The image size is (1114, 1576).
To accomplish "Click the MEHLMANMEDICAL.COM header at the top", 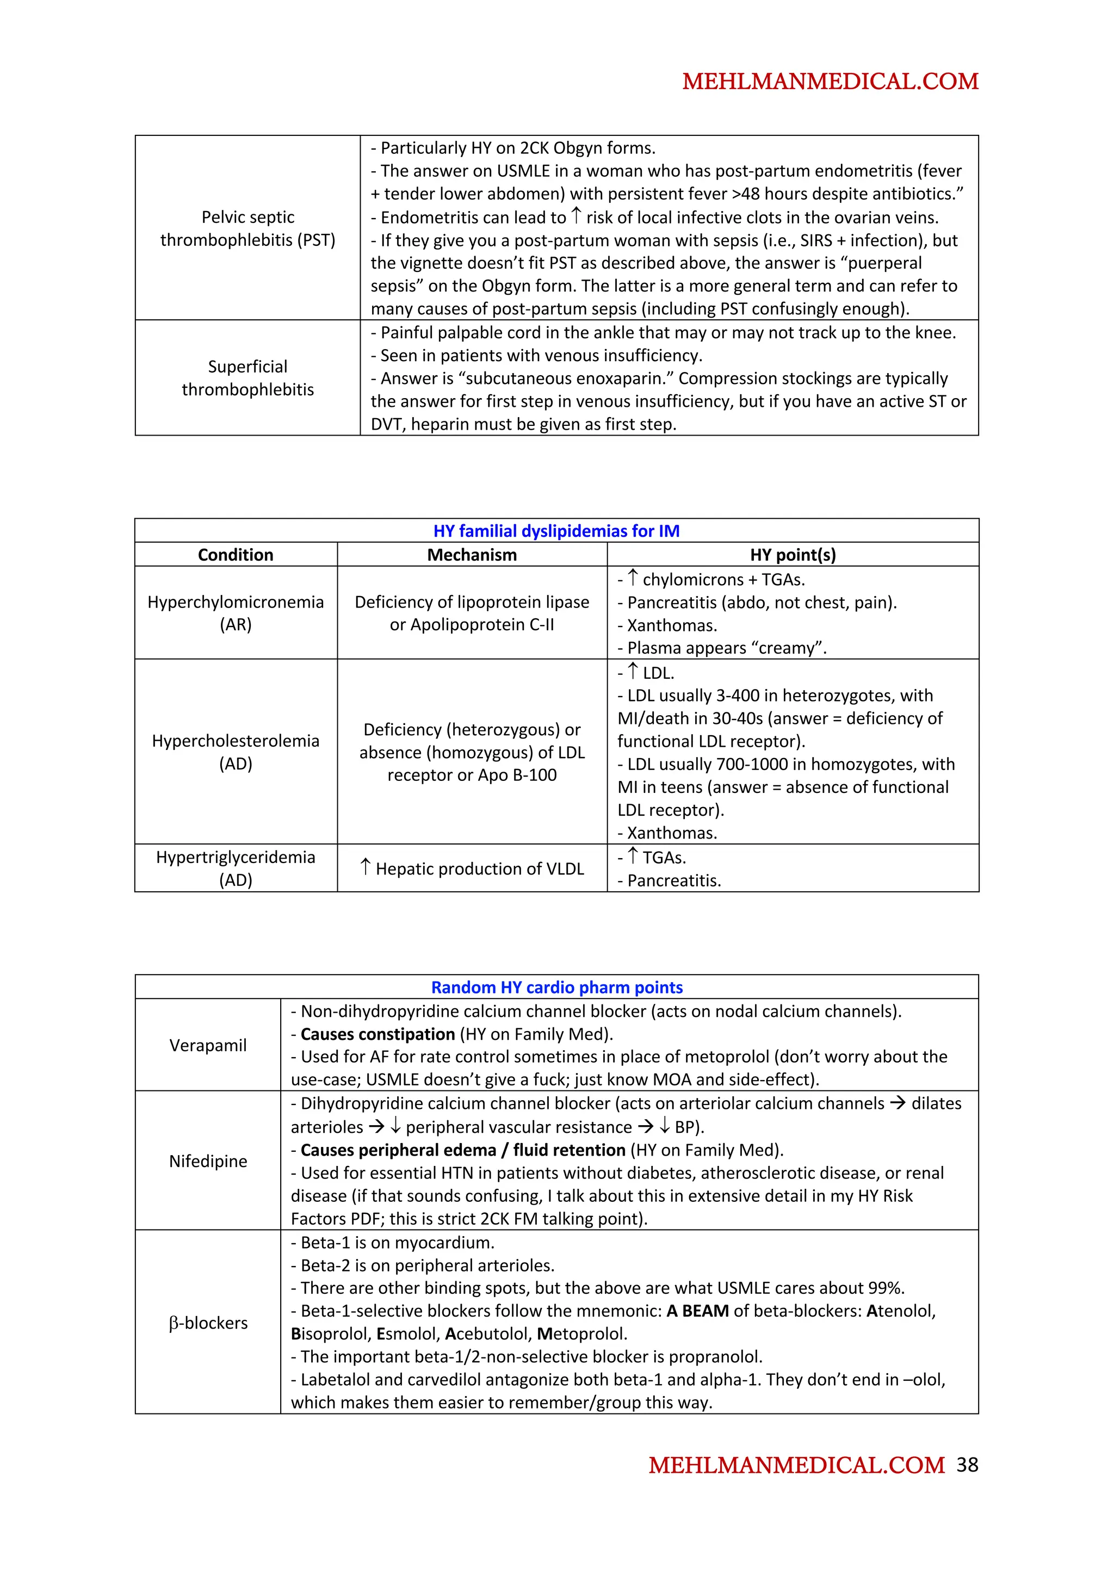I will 830,82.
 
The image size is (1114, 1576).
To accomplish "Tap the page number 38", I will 967,1464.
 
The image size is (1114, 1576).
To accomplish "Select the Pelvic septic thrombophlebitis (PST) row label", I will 248,228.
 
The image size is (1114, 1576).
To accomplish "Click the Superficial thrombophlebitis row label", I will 248,377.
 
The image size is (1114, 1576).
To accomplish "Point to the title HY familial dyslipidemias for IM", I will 556,531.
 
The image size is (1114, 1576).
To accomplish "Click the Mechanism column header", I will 472,555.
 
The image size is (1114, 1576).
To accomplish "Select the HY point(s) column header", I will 793,555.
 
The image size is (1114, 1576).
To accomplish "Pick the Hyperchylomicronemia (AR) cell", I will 236,613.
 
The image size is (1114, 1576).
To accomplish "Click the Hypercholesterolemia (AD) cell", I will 236,752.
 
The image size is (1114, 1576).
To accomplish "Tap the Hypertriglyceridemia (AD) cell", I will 236,868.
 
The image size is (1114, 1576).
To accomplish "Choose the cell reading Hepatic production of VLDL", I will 472,868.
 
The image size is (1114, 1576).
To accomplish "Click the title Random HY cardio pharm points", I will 556,987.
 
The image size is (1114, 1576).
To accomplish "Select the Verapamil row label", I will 208,1045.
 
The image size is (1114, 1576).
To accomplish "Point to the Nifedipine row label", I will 208,1161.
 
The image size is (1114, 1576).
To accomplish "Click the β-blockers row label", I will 208,1323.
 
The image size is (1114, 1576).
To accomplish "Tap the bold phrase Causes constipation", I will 377,1034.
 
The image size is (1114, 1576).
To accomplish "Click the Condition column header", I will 236,555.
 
